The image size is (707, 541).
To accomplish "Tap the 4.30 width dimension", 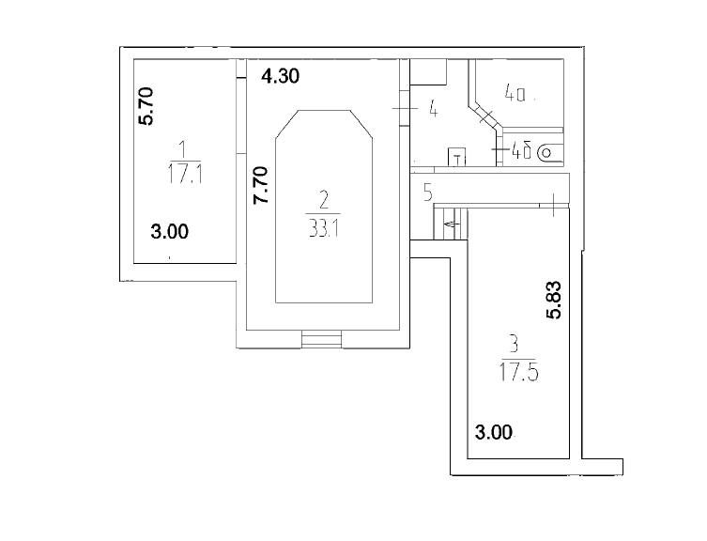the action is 280,77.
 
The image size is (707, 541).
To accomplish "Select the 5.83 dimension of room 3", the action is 555,300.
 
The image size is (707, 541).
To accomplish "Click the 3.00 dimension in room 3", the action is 494,433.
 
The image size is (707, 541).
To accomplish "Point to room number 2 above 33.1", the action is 324,199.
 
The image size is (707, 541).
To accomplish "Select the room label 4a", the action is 517,94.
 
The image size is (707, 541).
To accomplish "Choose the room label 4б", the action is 522,149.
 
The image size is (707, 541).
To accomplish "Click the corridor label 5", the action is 427,194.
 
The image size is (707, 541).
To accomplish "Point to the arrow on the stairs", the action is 451,224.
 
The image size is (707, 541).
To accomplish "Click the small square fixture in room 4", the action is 457,157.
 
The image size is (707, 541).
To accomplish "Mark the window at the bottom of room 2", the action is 321,340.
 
